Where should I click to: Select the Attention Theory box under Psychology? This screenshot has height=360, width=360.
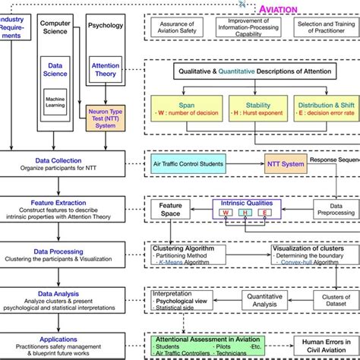tap(106, 71)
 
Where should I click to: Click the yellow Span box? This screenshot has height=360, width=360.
tap(187, 113)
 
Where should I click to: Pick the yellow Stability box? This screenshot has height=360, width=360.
tap(254, 113)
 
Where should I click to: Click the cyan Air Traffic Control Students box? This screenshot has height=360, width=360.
tap(194, 163)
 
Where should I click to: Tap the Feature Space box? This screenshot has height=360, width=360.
tap(170, 210)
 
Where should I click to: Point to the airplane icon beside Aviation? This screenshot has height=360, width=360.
tap(242, 5)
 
